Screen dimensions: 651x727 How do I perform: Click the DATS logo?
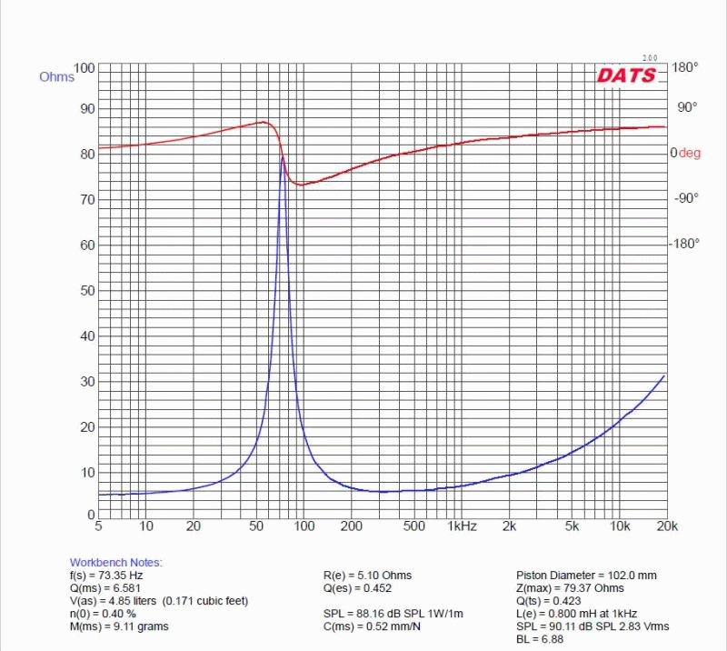pos(626,75)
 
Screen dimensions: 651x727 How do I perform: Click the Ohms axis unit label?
pos(55,77)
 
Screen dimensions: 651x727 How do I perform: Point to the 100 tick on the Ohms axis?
pos(84,68)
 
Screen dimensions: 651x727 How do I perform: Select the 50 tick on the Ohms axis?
pos(87,290)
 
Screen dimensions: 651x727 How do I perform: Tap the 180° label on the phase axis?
pos(684,67)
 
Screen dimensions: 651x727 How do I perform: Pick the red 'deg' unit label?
pos(690,154)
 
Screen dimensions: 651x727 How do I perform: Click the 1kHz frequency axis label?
pos(462,526)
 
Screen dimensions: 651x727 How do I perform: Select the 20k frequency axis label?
pos(667,526)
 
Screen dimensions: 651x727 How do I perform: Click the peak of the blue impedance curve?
pos(282,156)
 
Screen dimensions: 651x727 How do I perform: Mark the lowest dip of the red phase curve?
pos(301,185)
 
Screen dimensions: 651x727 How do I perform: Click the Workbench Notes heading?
pos(115,563)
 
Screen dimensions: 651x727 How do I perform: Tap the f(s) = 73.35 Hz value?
pos(106,576)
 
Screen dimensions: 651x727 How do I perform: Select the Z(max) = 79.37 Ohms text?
pos(570,588)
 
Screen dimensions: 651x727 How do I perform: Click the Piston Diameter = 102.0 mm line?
pos(586,576)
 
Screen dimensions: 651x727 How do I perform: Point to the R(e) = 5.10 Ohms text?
pos(367,576)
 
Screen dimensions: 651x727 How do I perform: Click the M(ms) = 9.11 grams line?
pos(119,626)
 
